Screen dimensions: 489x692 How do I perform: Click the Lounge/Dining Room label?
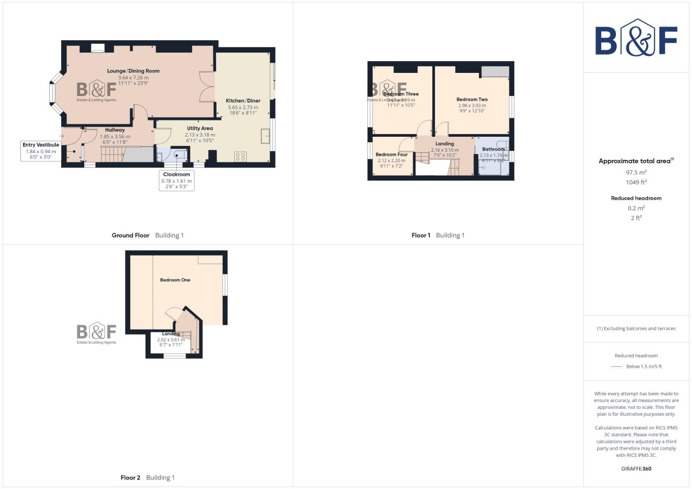pos(133,71)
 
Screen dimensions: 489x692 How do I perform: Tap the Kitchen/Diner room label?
pos(243,101)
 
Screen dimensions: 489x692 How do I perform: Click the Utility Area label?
pos(200,129)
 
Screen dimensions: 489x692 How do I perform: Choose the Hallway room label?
pos(115,130)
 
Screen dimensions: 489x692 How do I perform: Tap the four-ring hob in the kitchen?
pos(241,157)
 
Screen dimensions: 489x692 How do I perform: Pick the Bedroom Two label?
pos(472,100)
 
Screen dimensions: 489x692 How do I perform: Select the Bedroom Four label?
pos(392,155)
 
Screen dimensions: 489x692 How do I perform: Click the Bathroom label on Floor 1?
pos(493,149)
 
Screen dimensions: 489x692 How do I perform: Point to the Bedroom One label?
pos(175,280)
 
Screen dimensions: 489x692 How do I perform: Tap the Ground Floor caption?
pos(131,235)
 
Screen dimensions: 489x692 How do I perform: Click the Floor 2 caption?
pos(131,478)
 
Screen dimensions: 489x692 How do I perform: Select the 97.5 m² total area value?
pos(636,173)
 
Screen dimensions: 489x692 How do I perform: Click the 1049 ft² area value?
pos(636,182)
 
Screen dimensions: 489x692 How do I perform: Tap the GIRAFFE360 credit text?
pos(636,469)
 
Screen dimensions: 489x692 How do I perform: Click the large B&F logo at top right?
pos(636,38)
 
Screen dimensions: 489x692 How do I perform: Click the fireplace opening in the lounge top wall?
pos(97,48)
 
